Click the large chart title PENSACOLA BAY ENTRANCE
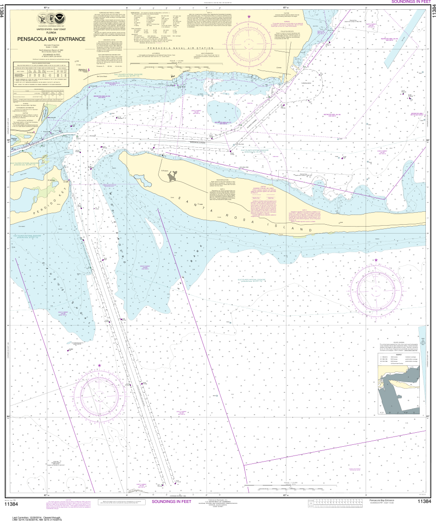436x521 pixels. point(51,39)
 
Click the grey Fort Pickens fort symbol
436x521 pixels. point(174,176)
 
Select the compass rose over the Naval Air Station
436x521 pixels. point(250,43)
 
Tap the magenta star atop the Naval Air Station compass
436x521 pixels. point(250,17)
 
